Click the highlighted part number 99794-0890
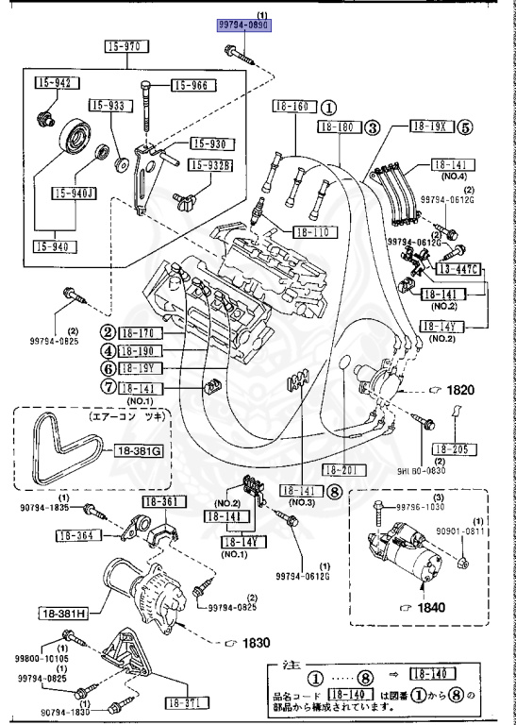tap(244, 27)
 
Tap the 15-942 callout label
tap(54, 83)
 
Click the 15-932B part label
tap(210, 165)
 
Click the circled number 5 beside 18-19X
tap(466, 127)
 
